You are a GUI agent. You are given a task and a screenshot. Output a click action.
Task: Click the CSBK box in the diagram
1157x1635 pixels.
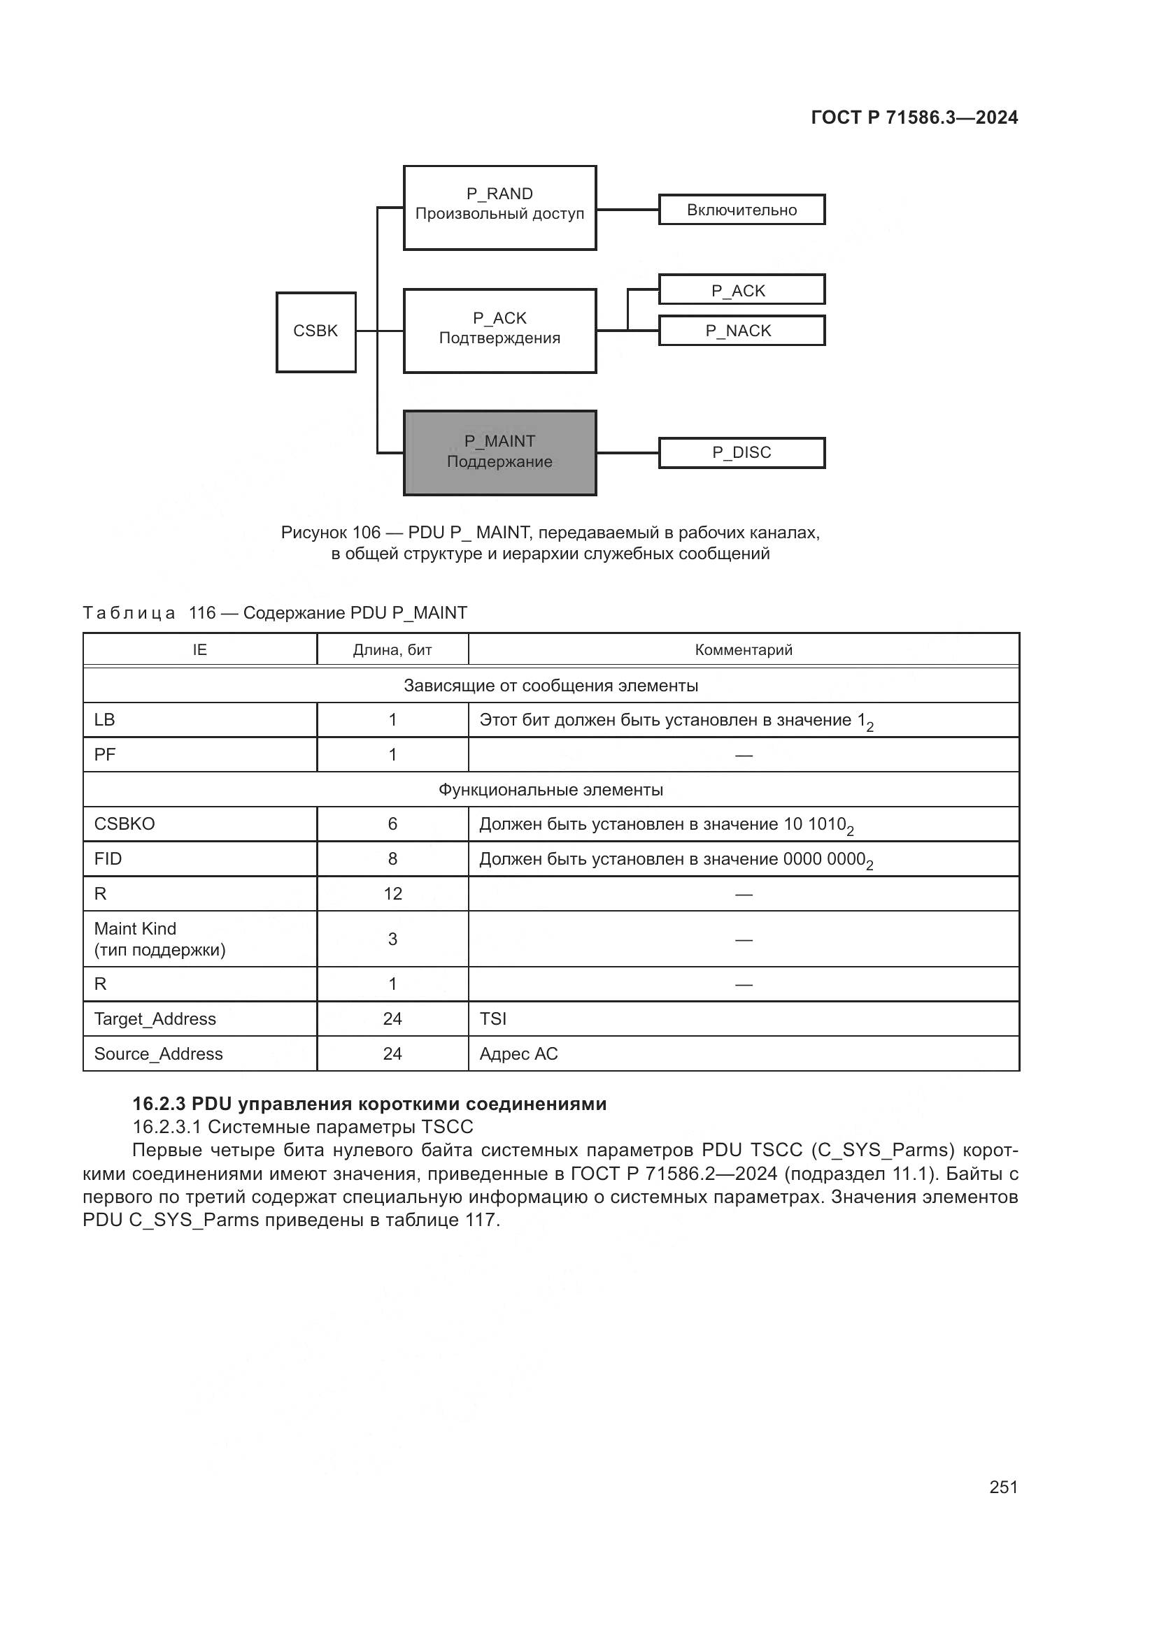(315, 332)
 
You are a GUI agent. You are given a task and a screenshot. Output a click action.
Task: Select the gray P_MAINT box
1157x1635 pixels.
(499, 452)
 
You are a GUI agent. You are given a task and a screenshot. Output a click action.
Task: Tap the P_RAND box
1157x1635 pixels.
(499, 207)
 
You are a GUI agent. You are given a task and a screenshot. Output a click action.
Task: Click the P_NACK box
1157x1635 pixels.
(741, 331)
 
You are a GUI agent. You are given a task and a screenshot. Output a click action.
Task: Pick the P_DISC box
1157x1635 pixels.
(741, 453)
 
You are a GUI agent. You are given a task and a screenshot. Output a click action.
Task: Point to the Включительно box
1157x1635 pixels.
(741, 210)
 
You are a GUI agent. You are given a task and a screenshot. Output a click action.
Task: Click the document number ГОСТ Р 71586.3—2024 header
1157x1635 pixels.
(914, 118)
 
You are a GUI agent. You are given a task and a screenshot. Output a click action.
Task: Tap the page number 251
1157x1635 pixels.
(1003, 1488)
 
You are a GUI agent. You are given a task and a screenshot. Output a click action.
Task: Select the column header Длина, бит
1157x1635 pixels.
(392, 649)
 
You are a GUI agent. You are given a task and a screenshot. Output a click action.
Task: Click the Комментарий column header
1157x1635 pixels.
(743, 649)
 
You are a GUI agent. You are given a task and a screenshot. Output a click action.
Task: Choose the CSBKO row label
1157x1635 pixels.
(125, 824)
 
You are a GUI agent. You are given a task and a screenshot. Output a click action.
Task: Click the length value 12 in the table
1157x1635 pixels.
(392, 894)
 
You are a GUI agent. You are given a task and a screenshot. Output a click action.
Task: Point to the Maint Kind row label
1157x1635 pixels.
(136, 929)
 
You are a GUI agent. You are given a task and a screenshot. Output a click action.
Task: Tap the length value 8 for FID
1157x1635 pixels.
(392, 859)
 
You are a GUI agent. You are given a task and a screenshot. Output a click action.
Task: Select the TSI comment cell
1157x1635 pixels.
(493, 1019)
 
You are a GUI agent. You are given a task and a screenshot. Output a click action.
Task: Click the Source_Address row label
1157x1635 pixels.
(158, 1054)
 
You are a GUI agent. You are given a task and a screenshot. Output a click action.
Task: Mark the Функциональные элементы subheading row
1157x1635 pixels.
(551, 790)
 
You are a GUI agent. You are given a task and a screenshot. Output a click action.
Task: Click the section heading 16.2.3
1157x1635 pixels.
(369, 1104)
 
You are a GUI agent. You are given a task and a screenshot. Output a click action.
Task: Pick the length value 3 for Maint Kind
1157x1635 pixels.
(392, 939)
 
